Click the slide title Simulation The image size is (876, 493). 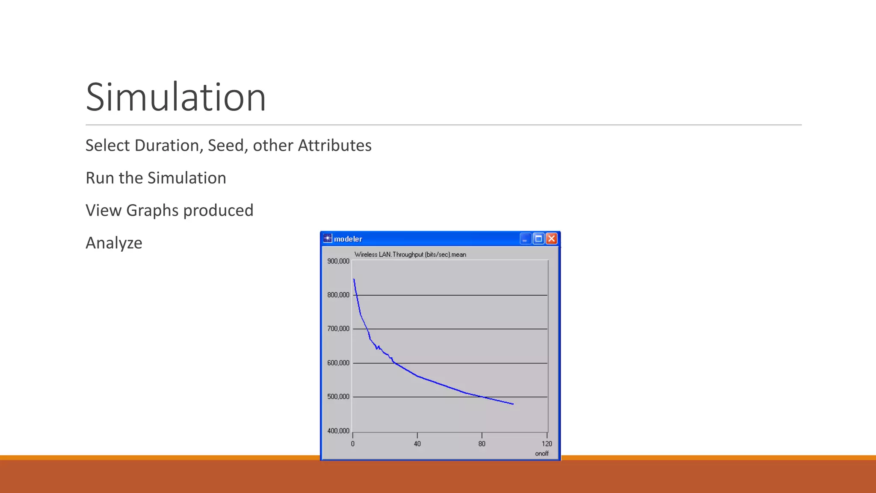[x=176, y=98]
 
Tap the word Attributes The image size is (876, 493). [x=334, y=146]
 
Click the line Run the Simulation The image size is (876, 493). [x=156, y=178]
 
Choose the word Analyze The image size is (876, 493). [x=114, y=243]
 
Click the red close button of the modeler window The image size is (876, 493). [x=551, y=238]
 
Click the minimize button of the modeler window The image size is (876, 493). [x=525, y=238]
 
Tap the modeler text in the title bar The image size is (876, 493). [x=348, y=239]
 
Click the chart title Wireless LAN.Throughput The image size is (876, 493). [x=410, y=254]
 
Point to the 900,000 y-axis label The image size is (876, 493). [x=338, y=261]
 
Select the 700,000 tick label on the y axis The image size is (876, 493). [x=338, y=329]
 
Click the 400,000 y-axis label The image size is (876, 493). [x=338, y=431]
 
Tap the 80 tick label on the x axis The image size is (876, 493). [x=482, y=444]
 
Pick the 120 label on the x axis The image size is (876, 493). [x=547, y=444]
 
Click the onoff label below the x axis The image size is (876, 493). [x=542, y=454]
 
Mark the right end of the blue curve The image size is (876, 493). [x=513, y=404]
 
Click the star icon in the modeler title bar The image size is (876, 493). [x=328, y=238]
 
